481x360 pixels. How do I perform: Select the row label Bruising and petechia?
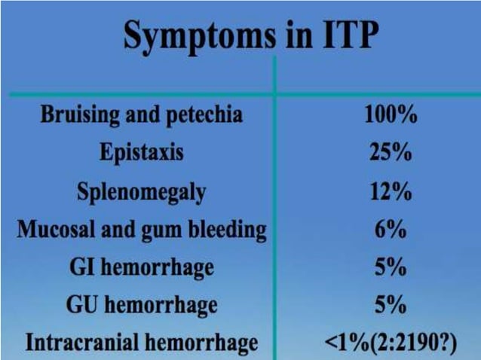pyautogui.click(x=142, y=115)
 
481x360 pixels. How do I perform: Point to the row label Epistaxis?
pyautogui.click(x=141, y=154)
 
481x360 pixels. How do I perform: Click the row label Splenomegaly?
pyautogui.click(x=141, y=192)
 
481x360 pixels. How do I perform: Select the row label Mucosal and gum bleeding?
pyautogui.click(x=142, y=229)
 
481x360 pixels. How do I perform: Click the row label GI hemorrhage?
pyautogui.click(x=142, y=267)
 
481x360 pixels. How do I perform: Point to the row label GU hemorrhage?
pyautogui.click(x=142, y=305)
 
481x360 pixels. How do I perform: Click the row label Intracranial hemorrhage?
pyautogui.click(x=142, y=343)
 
